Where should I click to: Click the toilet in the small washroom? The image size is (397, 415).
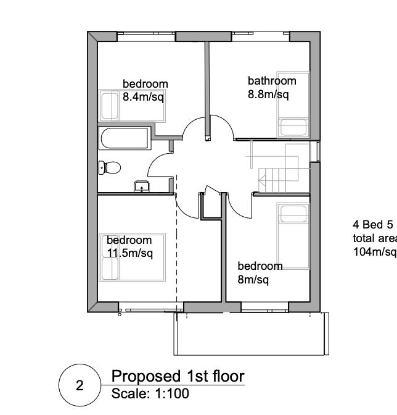coord(111,167)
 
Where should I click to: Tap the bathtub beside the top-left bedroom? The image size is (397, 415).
coord(124,138)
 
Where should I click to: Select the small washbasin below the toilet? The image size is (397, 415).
coord(141,186)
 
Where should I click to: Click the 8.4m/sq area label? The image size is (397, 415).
coord(142,96)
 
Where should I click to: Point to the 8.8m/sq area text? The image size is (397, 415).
coord(268,94)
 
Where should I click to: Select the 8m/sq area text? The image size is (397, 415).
coord(254,280)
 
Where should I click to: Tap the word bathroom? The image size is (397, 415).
coord(272,80)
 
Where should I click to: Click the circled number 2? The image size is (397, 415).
coord(79,387)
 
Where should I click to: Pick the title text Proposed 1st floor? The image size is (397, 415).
coord(178,376)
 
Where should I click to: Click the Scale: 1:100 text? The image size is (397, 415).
coord(150,393)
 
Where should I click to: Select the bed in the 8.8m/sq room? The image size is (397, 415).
coord(292,111)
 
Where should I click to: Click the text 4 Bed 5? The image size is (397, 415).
coord(372,224)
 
